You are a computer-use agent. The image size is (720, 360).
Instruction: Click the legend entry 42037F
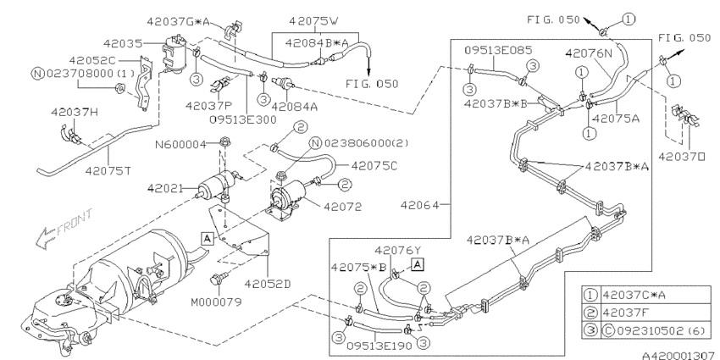625,312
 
